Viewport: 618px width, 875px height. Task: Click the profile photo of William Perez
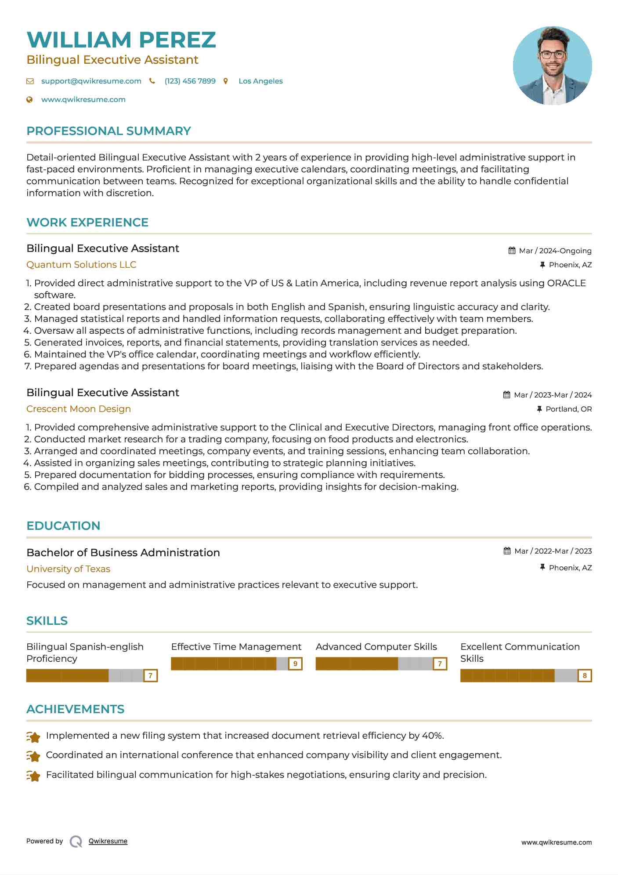[552, 66]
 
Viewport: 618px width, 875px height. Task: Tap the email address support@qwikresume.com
[91, 81]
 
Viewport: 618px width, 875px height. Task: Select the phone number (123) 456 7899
[190, 81]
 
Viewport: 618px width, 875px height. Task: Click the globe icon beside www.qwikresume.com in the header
[29, 99]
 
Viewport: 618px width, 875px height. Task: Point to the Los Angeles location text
[260, 81]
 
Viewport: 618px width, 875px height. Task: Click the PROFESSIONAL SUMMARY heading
[108, 131]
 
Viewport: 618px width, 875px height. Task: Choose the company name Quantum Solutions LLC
[81, 265]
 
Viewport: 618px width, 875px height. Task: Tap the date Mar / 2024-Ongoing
[555, 251]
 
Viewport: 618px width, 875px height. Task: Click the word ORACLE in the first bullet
[566, 283]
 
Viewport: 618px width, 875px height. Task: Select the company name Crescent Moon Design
[79, 409]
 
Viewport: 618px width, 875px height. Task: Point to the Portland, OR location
[568, 409]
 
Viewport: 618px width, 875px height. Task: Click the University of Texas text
[68, 569]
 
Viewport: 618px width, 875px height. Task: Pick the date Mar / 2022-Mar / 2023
[553, 551]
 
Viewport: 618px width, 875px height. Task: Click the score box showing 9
[295, 664]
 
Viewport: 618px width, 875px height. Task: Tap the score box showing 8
[585, 675]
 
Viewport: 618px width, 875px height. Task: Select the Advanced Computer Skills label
[376, 647]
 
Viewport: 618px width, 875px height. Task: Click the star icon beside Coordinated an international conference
[33, 756]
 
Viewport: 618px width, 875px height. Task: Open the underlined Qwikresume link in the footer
[108, 841]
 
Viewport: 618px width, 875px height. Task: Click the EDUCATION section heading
[63, 526]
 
